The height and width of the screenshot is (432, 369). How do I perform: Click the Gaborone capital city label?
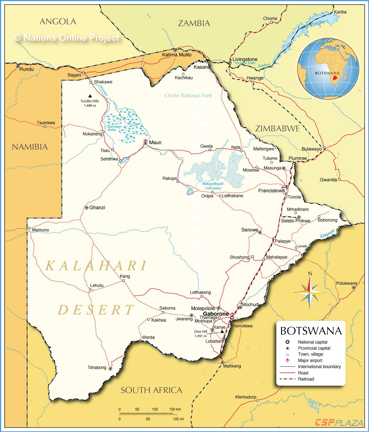[x=216, y=314]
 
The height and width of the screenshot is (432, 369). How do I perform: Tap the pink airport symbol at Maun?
[x=145, y=140]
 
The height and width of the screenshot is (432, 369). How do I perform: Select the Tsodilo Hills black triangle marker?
[x=90, y=96]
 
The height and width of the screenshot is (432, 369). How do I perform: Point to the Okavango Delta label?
[x=114, y=128]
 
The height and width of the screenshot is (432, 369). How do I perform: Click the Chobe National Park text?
[x=188, y=95]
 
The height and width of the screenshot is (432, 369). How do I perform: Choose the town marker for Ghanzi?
[x=87, y=208]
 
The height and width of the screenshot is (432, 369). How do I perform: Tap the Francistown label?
[x=271, y=190]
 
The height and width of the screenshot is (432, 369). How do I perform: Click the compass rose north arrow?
[x=310, y=281]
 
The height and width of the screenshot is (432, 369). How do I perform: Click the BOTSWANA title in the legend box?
[x=311, y=331]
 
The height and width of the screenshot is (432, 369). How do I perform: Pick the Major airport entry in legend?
[x=310, y=360]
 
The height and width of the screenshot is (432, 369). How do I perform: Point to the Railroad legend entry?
[x=306, y=379]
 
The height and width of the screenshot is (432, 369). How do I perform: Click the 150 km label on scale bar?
[x=175, y=409]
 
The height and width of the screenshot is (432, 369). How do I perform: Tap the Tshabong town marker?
[x=110, y=368]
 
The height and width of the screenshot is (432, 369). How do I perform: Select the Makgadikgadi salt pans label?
[x=213, y=186]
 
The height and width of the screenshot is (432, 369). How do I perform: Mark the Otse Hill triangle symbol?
[x=222, y=332]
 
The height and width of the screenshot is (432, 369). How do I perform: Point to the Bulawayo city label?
[x=311, y=149]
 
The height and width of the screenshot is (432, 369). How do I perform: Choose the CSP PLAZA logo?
[x=339, y=423]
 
